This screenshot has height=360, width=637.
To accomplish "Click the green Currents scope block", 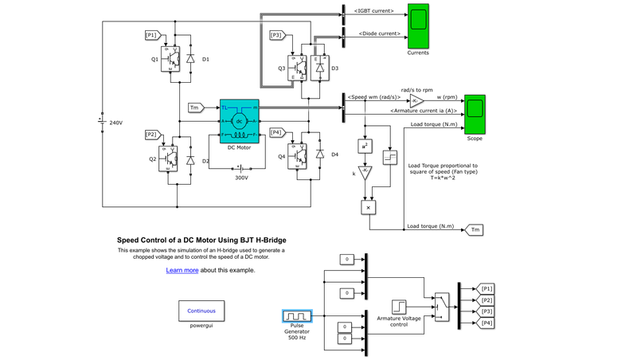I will coord(418,25).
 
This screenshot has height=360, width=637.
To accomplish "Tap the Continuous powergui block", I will coord(201,311).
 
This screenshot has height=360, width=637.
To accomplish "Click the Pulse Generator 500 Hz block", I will coord(297,317).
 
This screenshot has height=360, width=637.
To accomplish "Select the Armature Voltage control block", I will coord(400,307).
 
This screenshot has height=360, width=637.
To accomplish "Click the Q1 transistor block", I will coord(171,59).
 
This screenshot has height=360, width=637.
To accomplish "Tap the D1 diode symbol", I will coord(190,60).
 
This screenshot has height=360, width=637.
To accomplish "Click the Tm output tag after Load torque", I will coord(475,229).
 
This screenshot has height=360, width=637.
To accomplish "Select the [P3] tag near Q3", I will coord(277,35).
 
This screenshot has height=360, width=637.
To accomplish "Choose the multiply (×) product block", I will coord(368,207).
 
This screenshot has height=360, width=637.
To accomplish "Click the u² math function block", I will coord(365,147).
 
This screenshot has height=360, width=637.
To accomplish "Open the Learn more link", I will coord(182,270).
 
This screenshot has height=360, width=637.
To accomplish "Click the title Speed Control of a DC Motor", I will coord(201,240).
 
